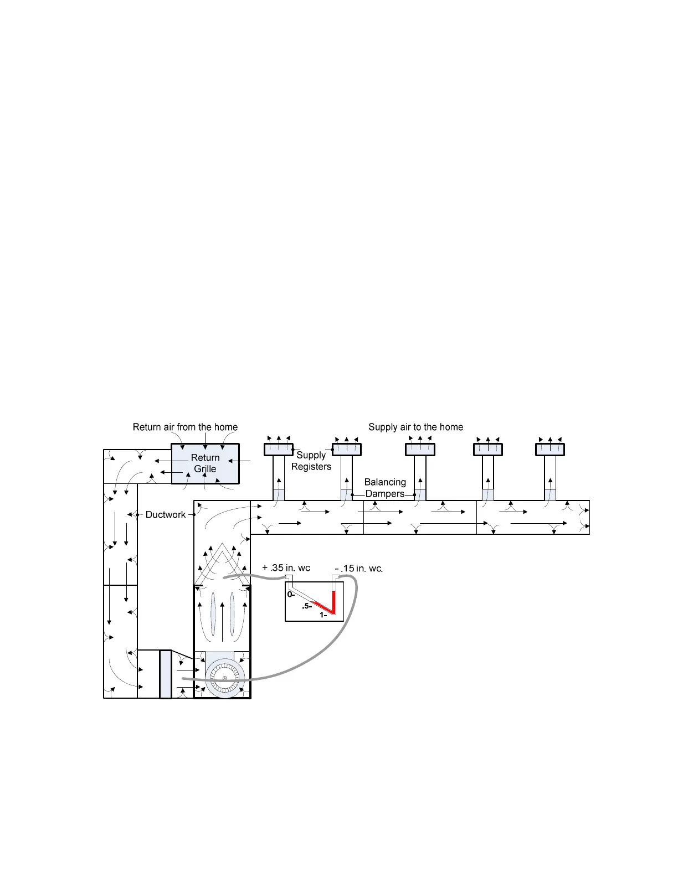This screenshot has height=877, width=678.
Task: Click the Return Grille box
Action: click(x=205, y=463)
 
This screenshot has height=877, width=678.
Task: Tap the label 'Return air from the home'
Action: click(x=185, y=427)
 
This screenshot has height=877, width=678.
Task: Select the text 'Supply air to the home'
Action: click(x=415, y=427)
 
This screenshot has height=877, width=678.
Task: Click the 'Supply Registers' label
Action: click(x=311, y=461)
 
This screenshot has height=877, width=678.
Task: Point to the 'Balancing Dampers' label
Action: click(x=385, y=488)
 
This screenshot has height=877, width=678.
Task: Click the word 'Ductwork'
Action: click(x=166, y=514)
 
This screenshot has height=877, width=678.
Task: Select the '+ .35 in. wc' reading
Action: click(x=286, y=568)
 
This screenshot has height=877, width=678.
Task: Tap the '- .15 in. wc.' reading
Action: click(x=359, y=568)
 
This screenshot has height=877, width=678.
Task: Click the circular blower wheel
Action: click(x=224, y=678)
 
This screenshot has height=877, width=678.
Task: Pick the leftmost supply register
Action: click(x=278, y=450)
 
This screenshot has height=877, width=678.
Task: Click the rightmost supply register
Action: click(x=549, y=450)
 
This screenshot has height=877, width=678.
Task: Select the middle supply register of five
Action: click(x=420, y=450)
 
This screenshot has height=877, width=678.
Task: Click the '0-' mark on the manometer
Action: click(x=291, y=595)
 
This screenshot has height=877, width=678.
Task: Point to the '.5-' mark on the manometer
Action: click(x=307, y=606)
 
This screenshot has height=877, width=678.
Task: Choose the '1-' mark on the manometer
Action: click(x=323, y=615)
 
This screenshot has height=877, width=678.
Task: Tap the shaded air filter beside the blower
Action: click(x=165, y=674)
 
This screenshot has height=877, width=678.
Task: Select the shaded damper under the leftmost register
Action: click(x=279, y=494)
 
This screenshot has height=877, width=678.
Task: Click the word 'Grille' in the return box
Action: click(x=205, y=469)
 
